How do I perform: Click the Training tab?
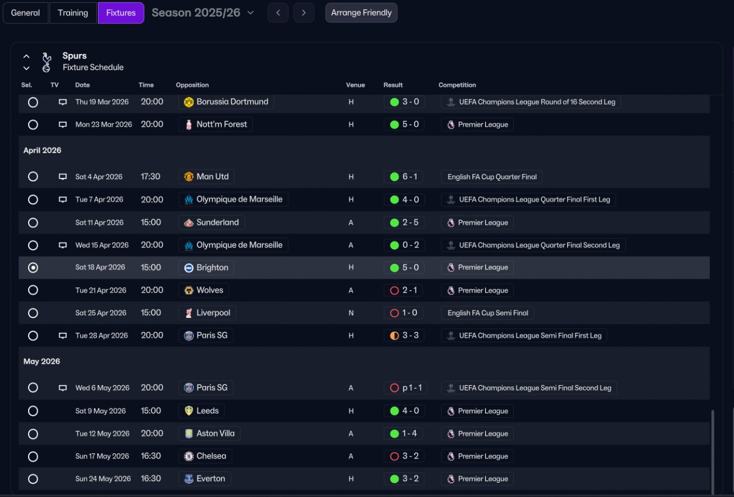(73, 13)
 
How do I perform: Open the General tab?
(25, 13)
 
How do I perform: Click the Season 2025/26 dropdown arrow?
(251, 13)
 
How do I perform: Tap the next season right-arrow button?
(304, 13)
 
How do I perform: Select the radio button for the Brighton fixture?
(33, 267)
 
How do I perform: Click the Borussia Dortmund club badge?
(189, 102)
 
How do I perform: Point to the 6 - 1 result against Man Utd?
(410, 177)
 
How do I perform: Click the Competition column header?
(457, 85)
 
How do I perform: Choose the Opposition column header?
(192, 85)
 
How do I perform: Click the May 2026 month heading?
(42, 362)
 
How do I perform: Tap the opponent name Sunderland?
(217, 222)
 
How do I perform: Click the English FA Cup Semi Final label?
(487, 313)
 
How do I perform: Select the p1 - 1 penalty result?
(412, 388)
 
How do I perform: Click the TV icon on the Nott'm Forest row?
(63, 125)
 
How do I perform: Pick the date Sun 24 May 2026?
(103, 479)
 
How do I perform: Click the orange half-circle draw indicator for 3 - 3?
(395, 336)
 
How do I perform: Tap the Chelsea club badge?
(189, 456)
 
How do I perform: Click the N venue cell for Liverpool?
(351, 313)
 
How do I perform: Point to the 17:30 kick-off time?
(150, 177)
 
